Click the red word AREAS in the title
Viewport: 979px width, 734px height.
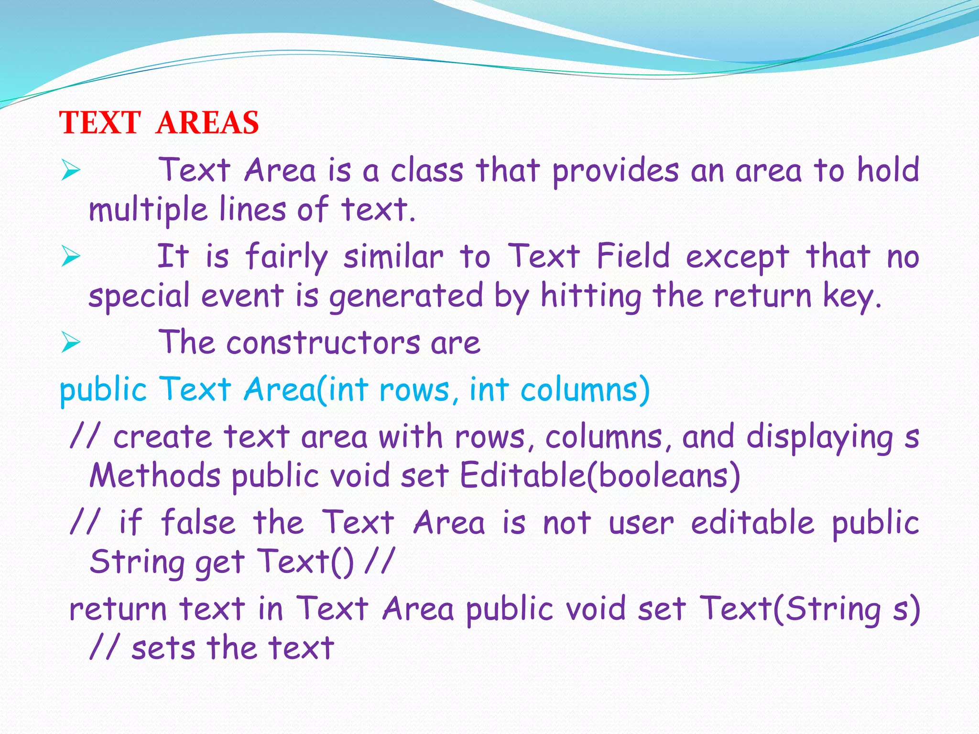click(207, 123)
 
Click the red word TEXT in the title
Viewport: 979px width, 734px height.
click(100, 123)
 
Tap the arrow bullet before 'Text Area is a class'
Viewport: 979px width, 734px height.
click(71, 171)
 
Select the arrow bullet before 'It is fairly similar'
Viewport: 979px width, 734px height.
click(71, 257)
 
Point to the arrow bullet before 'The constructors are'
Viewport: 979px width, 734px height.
click(71, 343)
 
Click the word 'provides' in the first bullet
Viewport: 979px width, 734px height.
click(615, 171)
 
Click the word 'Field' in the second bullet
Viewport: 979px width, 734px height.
click(633, 256)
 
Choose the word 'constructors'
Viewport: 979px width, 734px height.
click(323, 343)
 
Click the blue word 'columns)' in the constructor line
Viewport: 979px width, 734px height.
click(585, 389)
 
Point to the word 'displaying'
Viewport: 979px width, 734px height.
click(819, 438)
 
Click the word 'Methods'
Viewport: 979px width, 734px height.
click(155, 475)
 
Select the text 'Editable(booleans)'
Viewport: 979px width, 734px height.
click(600, 475)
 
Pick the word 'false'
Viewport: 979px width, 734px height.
click(198, 522)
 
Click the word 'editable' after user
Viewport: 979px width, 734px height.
click(752, 522)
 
